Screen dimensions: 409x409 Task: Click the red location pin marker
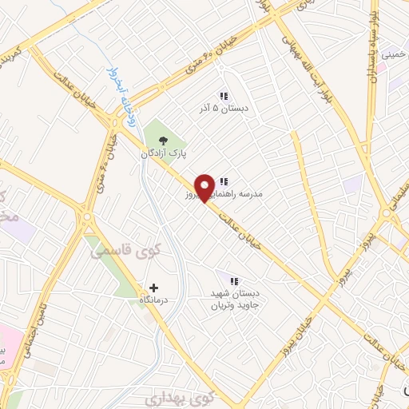click(205, 187)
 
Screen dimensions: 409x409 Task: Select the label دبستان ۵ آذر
click(224, 106)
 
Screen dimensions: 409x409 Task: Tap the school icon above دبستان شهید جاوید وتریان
click(234, 281)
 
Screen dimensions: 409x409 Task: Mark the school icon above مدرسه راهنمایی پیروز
click(224, 182)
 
